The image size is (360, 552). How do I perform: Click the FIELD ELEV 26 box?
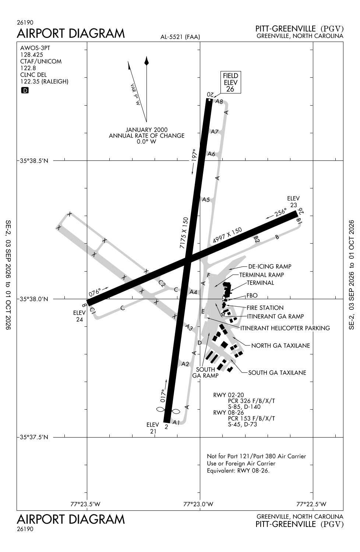point(230,82)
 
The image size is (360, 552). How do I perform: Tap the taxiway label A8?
point(219,101)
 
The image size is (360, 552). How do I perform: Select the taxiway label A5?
point(206,199)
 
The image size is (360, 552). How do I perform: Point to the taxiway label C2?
point(162,283)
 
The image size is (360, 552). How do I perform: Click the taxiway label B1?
point(299,220)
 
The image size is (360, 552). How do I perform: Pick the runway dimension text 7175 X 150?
point(184,233)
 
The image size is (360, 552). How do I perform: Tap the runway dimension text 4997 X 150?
point(227,235)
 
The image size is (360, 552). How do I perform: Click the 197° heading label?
point(194,155)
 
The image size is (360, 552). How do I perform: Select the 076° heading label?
point(95,292)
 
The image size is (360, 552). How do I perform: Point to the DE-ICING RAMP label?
point(270,266)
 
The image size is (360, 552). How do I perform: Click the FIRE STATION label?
point(265,308)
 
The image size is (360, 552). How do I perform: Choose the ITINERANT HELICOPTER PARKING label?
point(285,328)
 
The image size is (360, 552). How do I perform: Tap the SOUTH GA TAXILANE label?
point(277,372)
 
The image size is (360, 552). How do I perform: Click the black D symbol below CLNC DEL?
point(25,91)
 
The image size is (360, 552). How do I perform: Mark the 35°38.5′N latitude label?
point(34,161)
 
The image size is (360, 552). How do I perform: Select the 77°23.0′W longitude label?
point(198,504)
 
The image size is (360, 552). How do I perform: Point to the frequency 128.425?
point(32,55)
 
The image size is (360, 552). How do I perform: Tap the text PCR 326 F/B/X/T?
point(251,401)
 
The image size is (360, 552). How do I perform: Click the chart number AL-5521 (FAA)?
point(180,37)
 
